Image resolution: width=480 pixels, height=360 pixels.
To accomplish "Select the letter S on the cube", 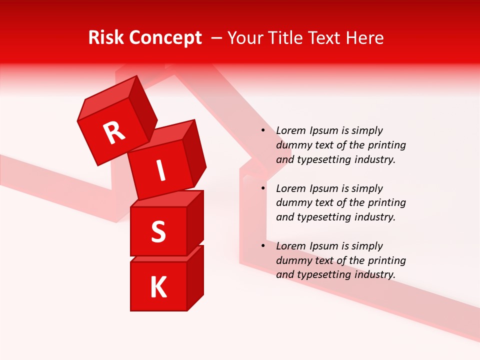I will pos(158,231).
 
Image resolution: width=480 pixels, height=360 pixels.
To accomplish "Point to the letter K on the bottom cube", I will pos(158,287).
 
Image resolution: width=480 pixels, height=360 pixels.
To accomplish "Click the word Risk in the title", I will pos(106,37).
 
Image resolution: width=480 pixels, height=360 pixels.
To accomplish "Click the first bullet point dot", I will pos(263,130).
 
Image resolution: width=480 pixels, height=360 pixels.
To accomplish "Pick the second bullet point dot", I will pos(263,188).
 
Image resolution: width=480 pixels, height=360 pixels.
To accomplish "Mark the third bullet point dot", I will pos(263,246).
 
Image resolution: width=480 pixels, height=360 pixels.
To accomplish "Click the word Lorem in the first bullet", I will pos(291,130).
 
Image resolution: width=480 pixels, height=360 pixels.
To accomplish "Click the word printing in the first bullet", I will pos(387,145).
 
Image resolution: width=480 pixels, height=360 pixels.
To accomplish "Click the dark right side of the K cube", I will pos(195,277).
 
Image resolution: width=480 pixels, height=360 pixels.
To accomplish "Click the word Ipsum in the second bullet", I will pos(323,188).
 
